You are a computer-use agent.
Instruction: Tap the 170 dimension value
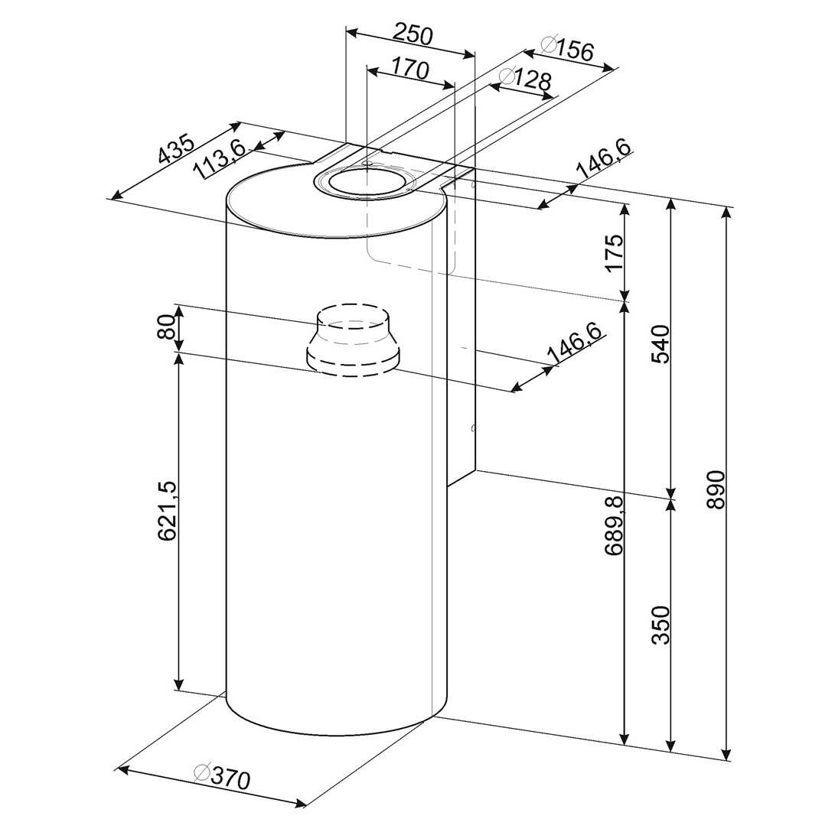click(410, 69)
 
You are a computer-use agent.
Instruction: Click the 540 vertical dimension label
click(660, 344)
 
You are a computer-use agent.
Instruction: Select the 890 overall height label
click(715, 489)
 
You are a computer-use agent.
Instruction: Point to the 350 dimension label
click(660, 625)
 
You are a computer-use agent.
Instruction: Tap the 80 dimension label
click(167, 327)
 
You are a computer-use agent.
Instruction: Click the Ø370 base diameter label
click(222, 778)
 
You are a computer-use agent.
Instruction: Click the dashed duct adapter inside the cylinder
click(351, 340)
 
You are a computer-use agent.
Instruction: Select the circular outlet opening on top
click(366, 181)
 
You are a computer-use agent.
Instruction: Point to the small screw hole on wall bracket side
click(474, 428)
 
